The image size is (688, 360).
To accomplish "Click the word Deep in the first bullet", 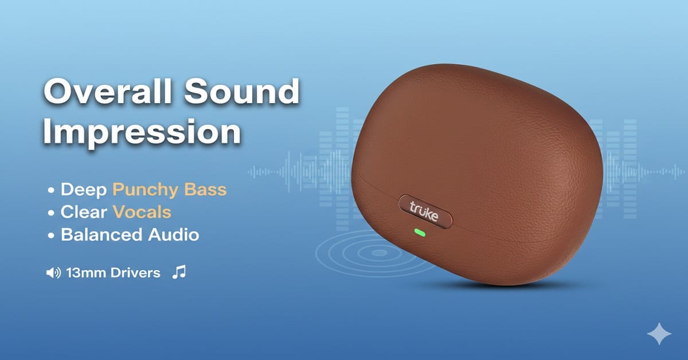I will pyautogui.click(x=85, y=190).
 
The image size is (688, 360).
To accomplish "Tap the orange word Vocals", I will pyautogui.click(x=142, y=212).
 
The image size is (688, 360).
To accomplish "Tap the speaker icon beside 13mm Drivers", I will pyautogui.click(x=53, y=273).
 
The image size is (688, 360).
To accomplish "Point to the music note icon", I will pyautogui.click(x=179, y=272).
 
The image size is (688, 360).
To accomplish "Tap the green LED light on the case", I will pyautogui.click(x=420, y=233).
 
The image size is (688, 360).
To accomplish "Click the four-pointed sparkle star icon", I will pyautogui.click(x=658, y=334).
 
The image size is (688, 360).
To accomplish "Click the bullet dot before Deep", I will pyautogui.click(x=52, y=190).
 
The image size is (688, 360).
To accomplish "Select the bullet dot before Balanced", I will pyautogui.click(x=52, y=235).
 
